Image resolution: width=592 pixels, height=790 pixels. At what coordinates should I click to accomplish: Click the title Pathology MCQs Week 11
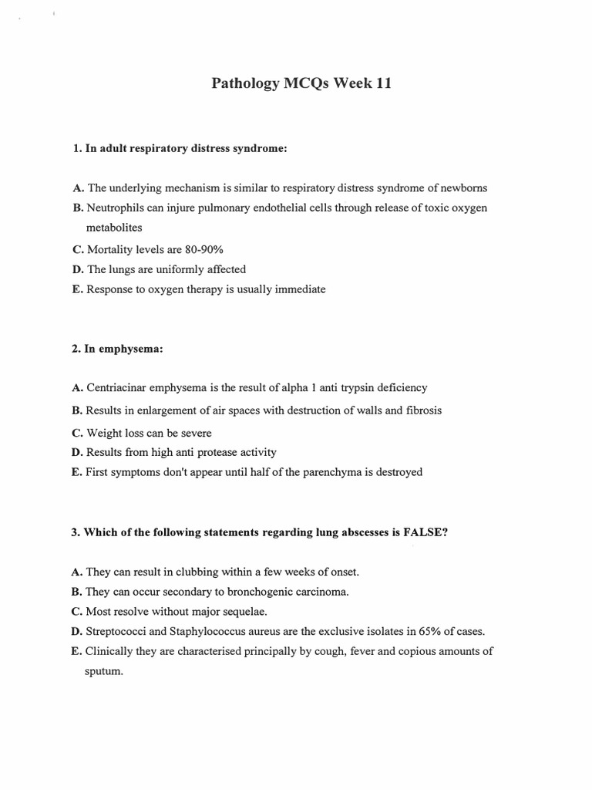coord(301,84)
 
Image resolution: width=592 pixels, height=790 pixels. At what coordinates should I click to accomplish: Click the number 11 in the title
coord(383,84)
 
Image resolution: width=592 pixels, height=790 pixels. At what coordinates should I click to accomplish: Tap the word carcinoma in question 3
coord(321,592)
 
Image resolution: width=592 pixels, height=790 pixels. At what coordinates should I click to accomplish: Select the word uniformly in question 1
coord(170,269)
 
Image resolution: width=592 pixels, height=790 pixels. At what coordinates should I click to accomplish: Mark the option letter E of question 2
coord(76,471)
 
